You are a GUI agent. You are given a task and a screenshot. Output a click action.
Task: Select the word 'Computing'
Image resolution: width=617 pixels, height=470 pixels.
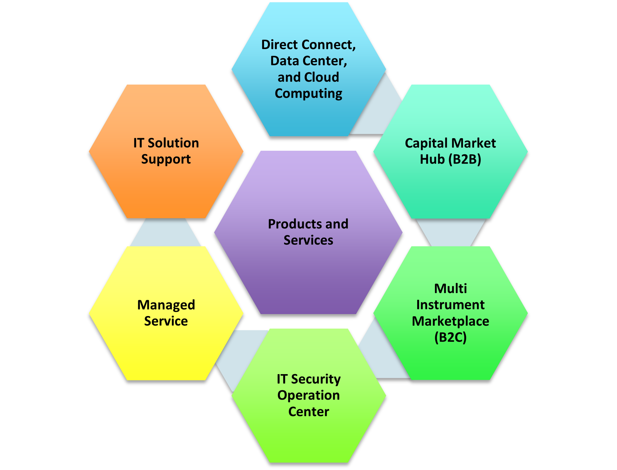click(308, 94)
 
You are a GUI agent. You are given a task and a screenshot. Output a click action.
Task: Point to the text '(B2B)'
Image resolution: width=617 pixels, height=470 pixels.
click(465, 159)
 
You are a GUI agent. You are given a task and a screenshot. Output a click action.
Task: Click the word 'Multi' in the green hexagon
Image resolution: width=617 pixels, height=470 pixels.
click(450, 288)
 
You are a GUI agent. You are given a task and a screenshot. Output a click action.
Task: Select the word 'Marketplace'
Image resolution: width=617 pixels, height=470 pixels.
click(450, 321)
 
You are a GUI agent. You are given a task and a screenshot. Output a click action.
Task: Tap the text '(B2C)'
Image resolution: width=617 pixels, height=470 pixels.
click(450, 337)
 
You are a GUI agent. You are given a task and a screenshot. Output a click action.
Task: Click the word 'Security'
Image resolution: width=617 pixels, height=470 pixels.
click(316, 379)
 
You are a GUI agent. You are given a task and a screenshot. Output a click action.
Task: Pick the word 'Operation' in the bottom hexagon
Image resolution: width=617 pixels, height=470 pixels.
click(308, 395)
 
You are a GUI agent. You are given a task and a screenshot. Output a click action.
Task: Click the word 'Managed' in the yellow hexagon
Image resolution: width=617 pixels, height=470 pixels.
click(166, 305)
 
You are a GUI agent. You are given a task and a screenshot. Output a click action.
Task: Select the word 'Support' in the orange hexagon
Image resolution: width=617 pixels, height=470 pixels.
click(166, 159)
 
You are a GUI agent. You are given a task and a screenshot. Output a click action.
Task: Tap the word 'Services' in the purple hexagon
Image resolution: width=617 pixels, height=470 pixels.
click(308, 240)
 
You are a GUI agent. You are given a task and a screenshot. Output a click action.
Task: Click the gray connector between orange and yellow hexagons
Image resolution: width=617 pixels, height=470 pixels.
click(165, 232)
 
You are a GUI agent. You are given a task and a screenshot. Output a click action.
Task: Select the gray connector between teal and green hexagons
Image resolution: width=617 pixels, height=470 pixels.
click(451, 232)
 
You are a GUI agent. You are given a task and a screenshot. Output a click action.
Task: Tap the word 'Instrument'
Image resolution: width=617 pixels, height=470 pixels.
click(450, 305)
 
